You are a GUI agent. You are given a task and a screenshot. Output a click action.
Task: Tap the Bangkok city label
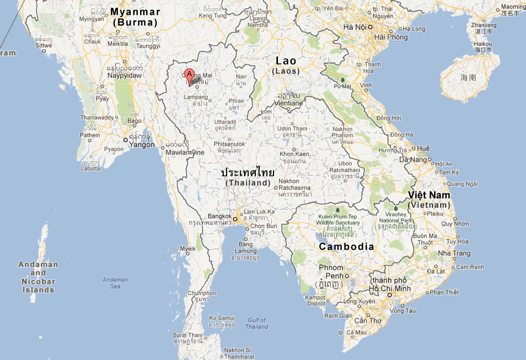pos(219,216)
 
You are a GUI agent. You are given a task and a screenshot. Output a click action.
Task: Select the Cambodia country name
pos(346,246)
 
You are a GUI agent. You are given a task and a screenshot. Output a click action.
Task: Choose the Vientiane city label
pos(288,103)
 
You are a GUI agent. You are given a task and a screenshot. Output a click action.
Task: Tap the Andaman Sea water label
pos(115,283)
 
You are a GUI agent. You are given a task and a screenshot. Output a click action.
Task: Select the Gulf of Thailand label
pos(257,323)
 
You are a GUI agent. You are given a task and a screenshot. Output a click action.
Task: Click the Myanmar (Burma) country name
pos(135,17)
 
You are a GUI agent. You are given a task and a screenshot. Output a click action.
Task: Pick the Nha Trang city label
pos(453,253)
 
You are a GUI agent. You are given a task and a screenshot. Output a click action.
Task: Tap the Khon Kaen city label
pos(294,153)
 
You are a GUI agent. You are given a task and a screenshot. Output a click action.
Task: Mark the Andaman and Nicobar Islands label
pos(38,277)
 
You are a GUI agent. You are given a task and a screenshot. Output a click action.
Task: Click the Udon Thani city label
pos(292,129)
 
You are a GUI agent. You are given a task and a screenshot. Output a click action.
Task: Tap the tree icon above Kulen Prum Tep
pos(337,209)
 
